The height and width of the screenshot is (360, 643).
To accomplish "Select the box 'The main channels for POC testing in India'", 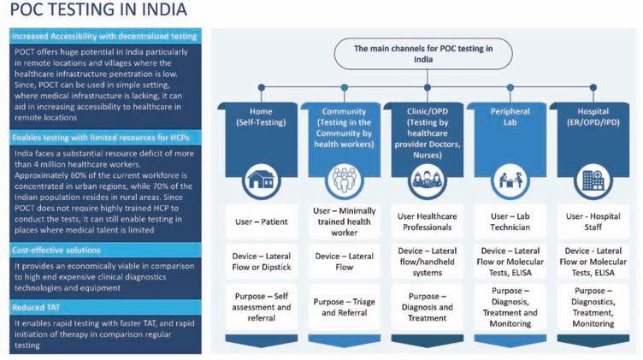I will click(x=424, y=55).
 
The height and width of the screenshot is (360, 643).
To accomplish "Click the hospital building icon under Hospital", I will click(x=592, y=179).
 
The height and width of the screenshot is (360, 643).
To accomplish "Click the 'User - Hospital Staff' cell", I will click(x=592, y=221).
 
